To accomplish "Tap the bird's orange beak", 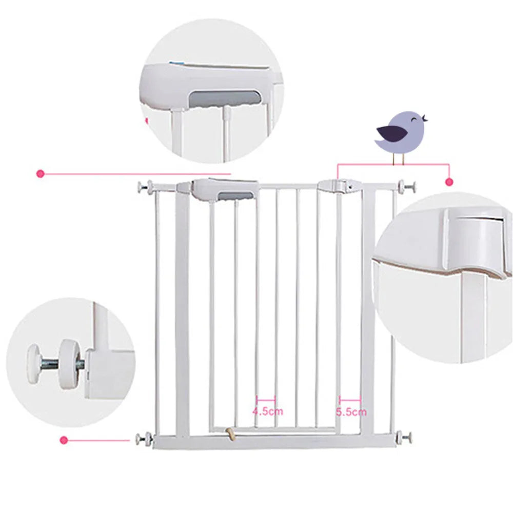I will tap(425, 120).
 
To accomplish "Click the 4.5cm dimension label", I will tap(267, 411).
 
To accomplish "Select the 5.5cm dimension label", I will tap(351, 411).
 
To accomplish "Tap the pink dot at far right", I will tap(449, 182).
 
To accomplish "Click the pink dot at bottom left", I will tap(64, 439).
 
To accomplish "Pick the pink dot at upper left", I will tap(40, 174).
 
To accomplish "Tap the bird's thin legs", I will tap(399, 159).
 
